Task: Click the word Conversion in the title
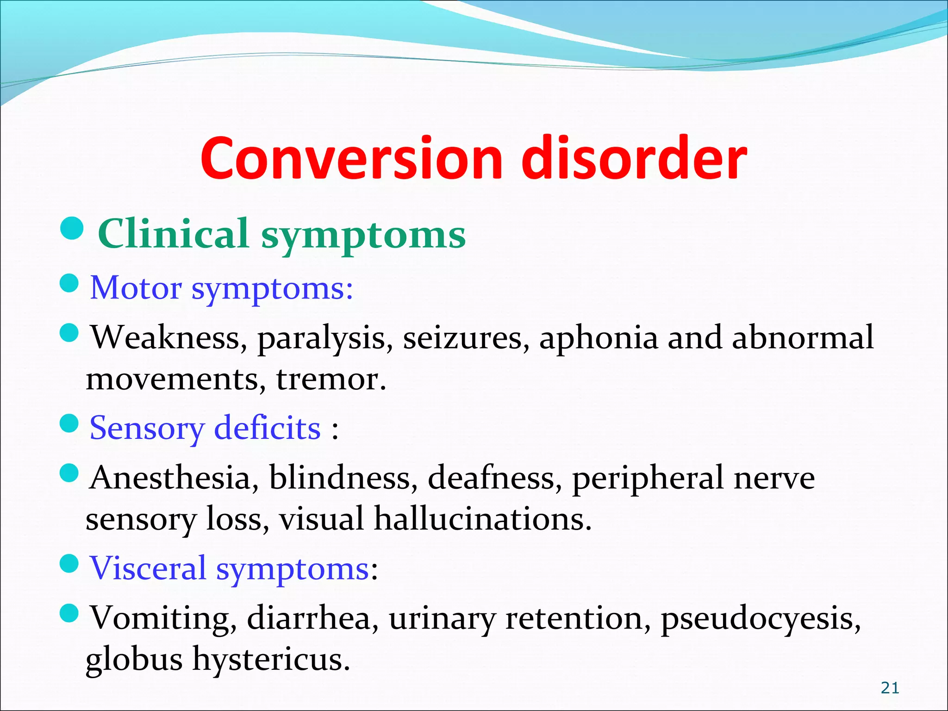pos(351,158)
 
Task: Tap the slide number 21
pos(890,688)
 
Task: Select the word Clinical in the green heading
pos(174,234)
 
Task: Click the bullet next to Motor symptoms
pos(70,283)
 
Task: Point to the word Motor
pos(135,288)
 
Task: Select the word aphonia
pos(598,338)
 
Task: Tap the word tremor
pos(331,380)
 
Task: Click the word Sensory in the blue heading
pos(146,428)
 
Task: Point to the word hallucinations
pos(482,519)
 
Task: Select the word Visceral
pos(148,568)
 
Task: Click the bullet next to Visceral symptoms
pos(70,563)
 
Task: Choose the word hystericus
pos(271,660)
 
